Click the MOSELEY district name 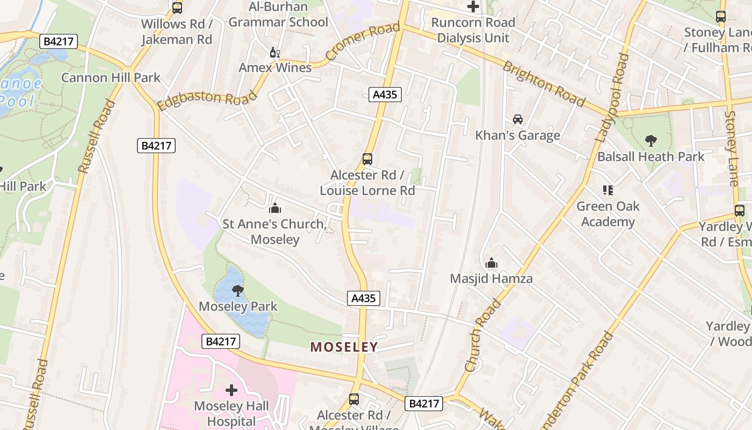point(344,347)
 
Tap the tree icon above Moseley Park point(237,291)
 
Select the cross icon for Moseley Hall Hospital point(232,390)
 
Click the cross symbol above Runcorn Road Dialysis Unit point(473,6)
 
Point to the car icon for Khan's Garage point(517,119)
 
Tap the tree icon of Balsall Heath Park point(650,141)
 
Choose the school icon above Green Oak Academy point(608,190)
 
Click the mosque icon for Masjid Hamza point(491,263)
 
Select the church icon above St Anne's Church point(274,208)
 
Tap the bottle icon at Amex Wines point(274,52)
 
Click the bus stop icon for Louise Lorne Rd point(367,159)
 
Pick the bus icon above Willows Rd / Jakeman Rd point(177,8)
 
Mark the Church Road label point(482,336)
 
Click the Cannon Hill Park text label point(111,77)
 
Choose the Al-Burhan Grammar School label point(278,15)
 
